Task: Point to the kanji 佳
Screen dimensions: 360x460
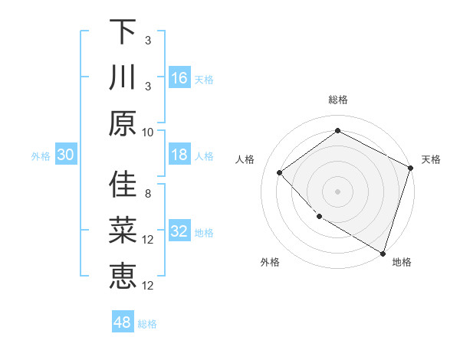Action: (x=123, y=185)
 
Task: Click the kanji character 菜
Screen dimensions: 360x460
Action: (x=123, y=231)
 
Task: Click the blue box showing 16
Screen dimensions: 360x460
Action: (x=179, y=78)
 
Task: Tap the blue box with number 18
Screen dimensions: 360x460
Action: (x=179, y=155)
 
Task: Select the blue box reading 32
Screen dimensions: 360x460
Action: (x=179, y=232)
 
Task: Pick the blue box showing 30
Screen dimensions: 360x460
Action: (x=66, y=155)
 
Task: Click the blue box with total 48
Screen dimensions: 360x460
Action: (x=123, y=322)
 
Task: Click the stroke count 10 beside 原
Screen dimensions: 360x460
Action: (x=149, y=132)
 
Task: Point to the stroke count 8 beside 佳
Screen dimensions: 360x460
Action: (x=147, y=193)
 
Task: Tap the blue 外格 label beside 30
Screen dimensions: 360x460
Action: (x=41, y=156)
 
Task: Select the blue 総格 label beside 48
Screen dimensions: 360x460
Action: (x=147, y=324)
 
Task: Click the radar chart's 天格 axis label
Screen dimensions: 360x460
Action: (x=431, y=159)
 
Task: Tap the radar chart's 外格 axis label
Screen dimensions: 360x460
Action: (x=270, y=262)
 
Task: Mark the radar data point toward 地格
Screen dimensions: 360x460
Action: (x=383, y=252)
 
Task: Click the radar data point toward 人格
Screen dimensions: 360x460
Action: (x=280, y=172)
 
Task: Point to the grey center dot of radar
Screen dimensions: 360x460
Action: (x=337, y=191)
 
